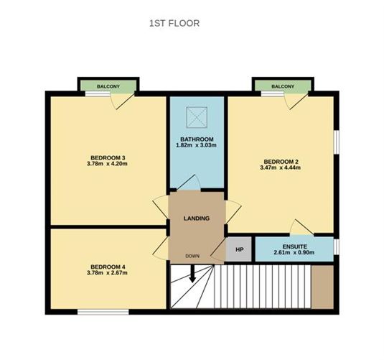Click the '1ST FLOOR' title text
point(174,24)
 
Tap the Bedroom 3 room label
point(108,157)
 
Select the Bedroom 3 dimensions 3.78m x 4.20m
point(108,164)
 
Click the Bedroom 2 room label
point(281,161)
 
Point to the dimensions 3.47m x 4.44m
point(281,168)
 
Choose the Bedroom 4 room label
point(108,266)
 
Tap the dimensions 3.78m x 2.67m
point(108,273)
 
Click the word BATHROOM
point(196,139)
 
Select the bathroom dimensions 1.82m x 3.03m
point(196,146)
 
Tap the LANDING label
point(197,218)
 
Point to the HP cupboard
point(239,250)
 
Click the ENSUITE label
point(294,246)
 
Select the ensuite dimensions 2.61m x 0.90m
point(294,253)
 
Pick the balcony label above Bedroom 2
point(282,86)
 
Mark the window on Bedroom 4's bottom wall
point(103,311)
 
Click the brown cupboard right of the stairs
point(324,287)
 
